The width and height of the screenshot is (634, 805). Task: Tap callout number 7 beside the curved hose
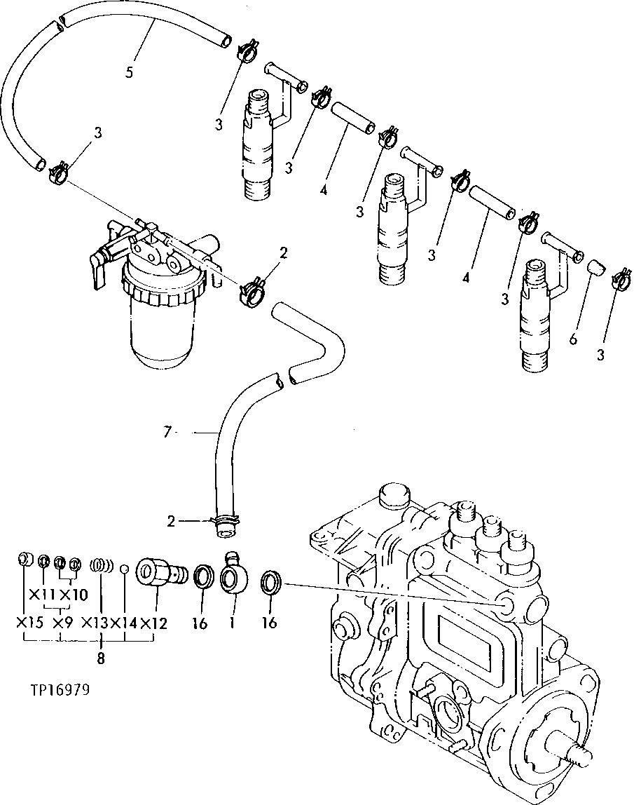167,433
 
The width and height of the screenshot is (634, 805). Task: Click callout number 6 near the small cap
573,339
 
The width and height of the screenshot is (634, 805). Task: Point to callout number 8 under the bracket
101,658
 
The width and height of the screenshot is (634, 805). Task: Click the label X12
153,623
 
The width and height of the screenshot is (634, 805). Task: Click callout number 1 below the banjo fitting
230,622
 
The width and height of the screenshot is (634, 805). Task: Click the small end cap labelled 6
593,269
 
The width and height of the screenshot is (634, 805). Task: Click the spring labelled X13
102,565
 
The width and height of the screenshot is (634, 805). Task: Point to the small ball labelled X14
124,568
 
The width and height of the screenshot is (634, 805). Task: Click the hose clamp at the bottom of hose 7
222,522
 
